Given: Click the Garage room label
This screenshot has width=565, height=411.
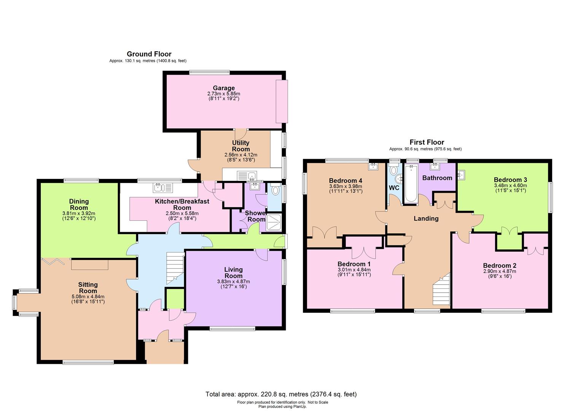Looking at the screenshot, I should tap(223, 88).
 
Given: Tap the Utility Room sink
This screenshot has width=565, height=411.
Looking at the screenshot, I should tap(247, 176).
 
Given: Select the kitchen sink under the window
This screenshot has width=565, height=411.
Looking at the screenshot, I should tap(163, 187).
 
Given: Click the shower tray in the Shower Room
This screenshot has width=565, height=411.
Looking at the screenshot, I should tap(274, 222).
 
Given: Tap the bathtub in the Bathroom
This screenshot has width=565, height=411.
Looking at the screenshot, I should tap(411, 183).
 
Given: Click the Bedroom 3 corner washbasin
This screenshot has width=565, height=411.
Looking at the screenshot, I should tap(462, 175).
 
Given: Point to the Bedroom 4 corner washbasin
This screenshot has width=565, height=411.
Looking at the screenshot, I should tap(373, 166).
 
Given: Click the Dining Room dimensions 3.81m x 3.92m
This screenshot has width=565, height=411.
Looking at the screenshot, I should tap(79, 213).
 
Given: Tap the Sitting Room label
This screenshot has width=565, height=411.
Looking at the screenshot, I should tap(88, 284).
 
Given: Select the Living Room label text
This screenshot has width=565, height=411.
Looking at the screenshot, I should tap(233, 272).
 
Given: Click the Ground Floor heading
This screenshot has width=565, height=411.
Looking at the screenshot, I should tap(149, 54).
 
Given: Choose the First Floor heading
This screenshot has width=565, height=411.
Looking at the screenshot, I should tap(427, 142).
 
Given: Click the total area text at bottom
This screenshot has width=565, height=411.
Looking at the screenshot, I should tap(281, 394).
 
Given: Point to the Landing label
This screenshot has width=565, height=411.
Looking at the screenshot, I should tap(426, 218).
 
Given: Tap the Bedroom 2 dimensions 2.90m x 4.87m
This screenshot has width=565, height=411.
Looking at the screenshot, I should tap(499, 271).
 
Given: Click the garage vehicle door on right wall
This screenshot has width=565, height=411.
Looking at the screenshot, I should tap(282, 101).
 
